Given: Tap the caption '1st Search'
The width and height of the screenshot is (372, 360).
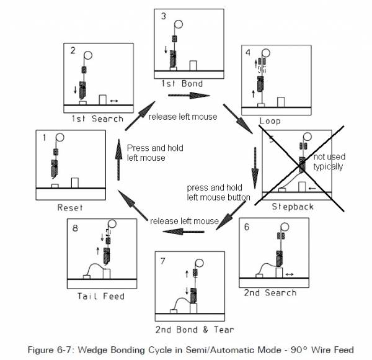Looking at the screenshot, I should click(x=98, y=119).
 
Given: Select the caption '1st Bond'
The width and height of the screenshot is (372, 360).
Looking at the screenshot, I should click(x=179, y=83).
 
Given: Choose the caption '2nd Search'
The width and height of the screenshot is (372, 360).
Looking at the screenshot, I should click(x=270, y=292).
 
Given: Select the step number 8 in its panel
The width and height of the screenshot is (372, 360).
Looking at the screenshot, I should click(x=75, y=228).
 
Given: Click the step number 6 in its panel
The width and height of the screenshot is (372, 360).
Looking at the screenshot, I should click(x=246, y=228).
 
